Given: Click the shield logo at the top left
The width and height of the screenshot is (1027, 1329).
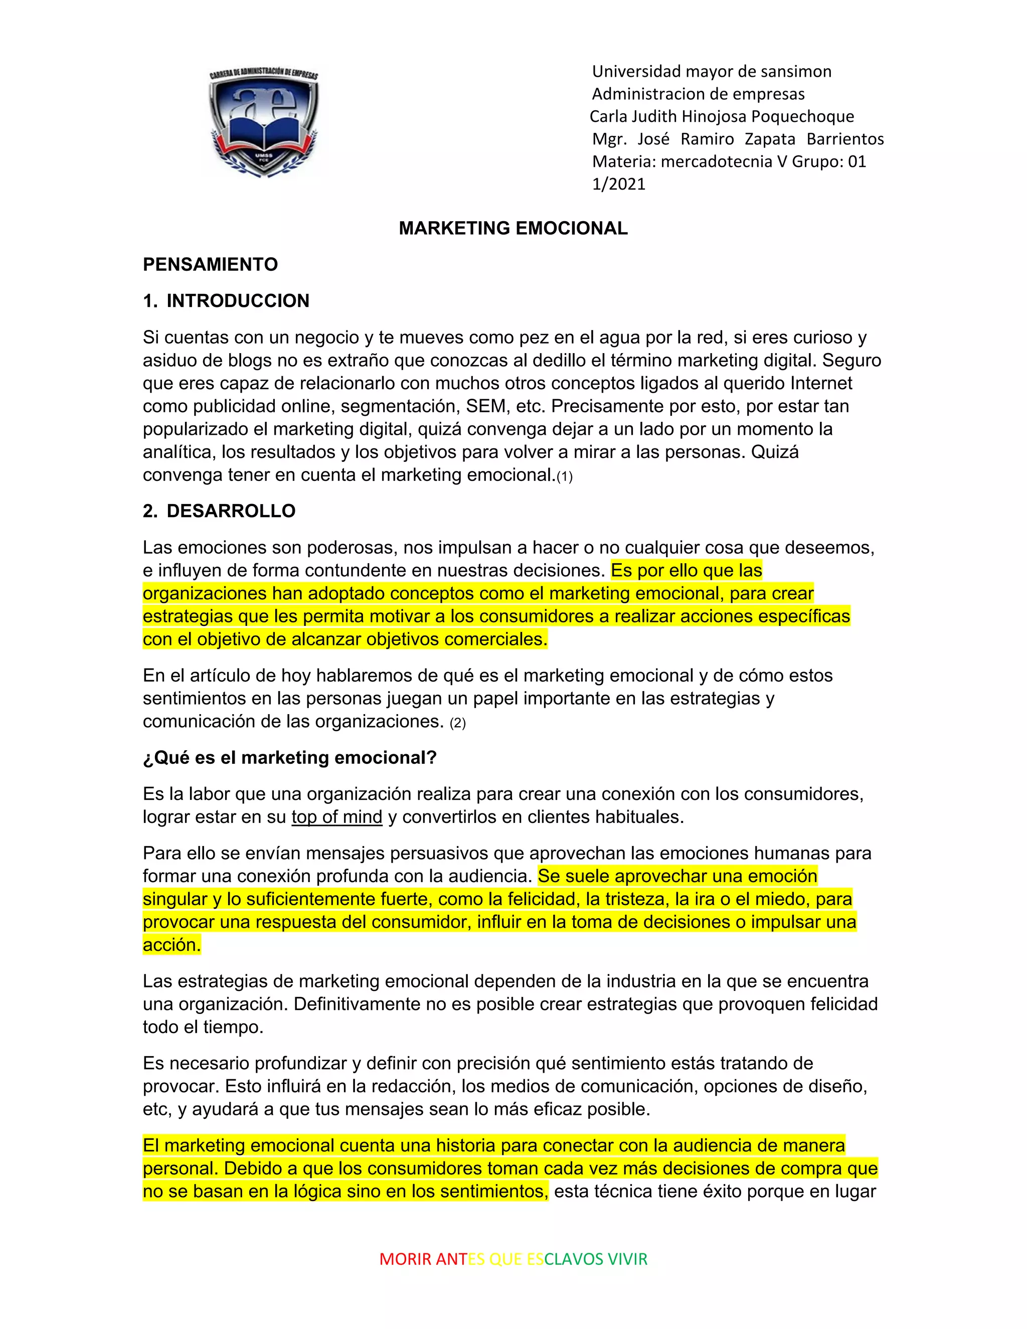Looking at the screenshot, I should click(263, 122).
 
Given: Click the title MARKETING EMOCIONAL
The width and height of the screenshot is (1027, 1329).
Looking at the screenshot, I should click(513, 228).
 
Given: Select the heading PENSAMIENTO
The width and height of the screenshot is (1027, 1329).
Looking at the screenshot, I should click(210, 264).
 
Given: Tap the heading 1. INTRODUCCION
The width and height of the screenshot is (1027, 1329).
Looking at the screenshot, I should click(226, 300).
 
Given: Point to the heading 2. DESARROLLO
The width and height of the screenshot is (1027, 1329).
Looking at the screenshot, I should click(219, 511).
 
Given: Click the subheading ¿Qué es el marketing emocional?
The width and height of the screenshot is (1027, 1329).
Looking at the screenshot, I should click(290, 758).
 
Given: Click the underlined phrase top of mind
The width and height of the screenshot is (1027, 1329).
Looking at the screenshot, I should click(336, 816).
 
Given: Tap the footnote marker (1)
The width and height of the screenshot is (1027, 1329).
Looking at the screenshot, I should click(565, 476).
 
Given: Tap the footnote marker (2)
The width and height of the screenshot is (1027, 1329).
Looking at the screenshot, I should click(457, 723).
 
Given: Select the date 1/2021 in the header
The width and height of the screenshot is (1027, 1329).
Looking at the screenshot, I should click(618, 184).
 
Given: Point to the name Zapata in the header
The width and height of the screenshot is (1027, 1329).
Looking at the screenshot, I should click(770, 139).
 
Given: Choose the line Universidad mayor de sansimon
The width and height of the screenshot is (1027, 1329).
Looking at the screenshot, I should click(711, 71).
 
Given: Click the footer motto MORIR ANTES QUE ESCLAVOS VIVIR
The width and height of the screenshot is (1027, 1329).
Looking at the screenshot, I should click(513, 1259).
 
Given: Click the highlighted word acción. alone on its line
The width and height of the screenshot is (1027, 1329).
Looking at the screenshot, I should click(172, 944).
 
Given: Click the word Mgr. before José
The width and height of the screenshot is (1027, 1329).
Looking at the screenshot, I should click(609, 139).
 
